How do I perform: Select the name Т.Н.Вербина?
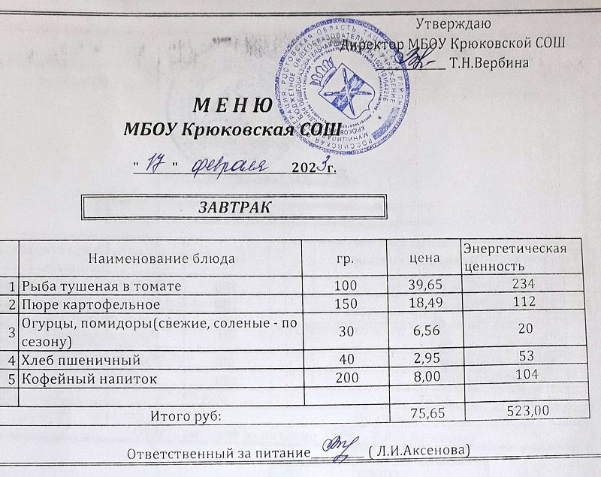(x=489, y=63)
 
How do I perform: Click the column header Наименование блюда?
(x=162, y=258)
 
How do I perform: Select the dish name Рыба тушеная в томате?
(x=101, y=286)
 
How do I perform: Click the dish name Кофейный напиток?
(x=89, y=379)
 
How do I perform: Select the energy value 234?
(x=522, y=284)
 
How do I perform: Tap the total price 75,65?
(x=423, y=412)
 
